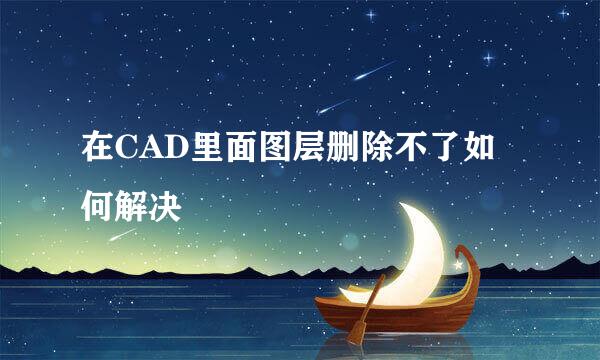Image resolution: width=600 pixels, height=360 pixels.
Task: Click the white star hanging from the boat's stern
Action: [x=459, y=266]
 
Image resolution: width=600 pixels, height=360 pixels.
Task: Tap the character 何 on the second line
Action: [x=98, y=206]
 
